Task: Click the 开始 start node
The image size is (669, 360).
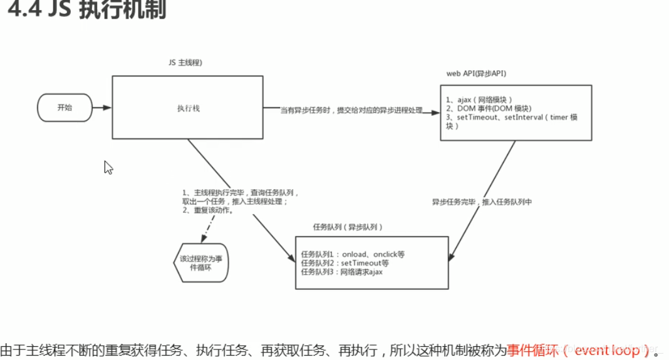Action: (65, 108)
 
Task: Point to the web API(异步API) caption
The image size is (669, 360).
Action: (476, 74)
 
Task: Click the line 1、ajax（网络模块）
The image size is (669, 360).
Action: (479, 100)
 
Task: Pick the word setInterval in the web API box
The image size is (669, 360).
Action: (525, 117)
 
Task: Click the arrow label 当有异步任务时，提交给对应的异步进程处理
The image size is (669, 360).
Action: (351, 111)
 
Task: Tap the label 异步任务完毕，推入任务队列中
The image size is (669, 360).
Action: (481, 202)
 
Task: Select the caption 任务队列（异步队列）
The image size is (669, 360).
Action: (348, 227)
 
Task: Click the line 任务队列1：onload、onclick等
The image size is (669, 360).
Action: (353, 255)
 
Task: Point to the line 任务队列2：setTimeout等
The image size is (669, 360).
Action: (345, 264)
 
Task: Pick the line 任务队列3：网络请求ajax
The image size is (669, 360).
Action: (341, 272)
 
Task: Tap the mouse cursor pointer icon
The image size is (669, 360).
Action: (108, 167)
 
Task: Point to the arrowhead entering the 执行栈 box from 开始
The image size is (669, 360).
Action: (108, 108)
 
